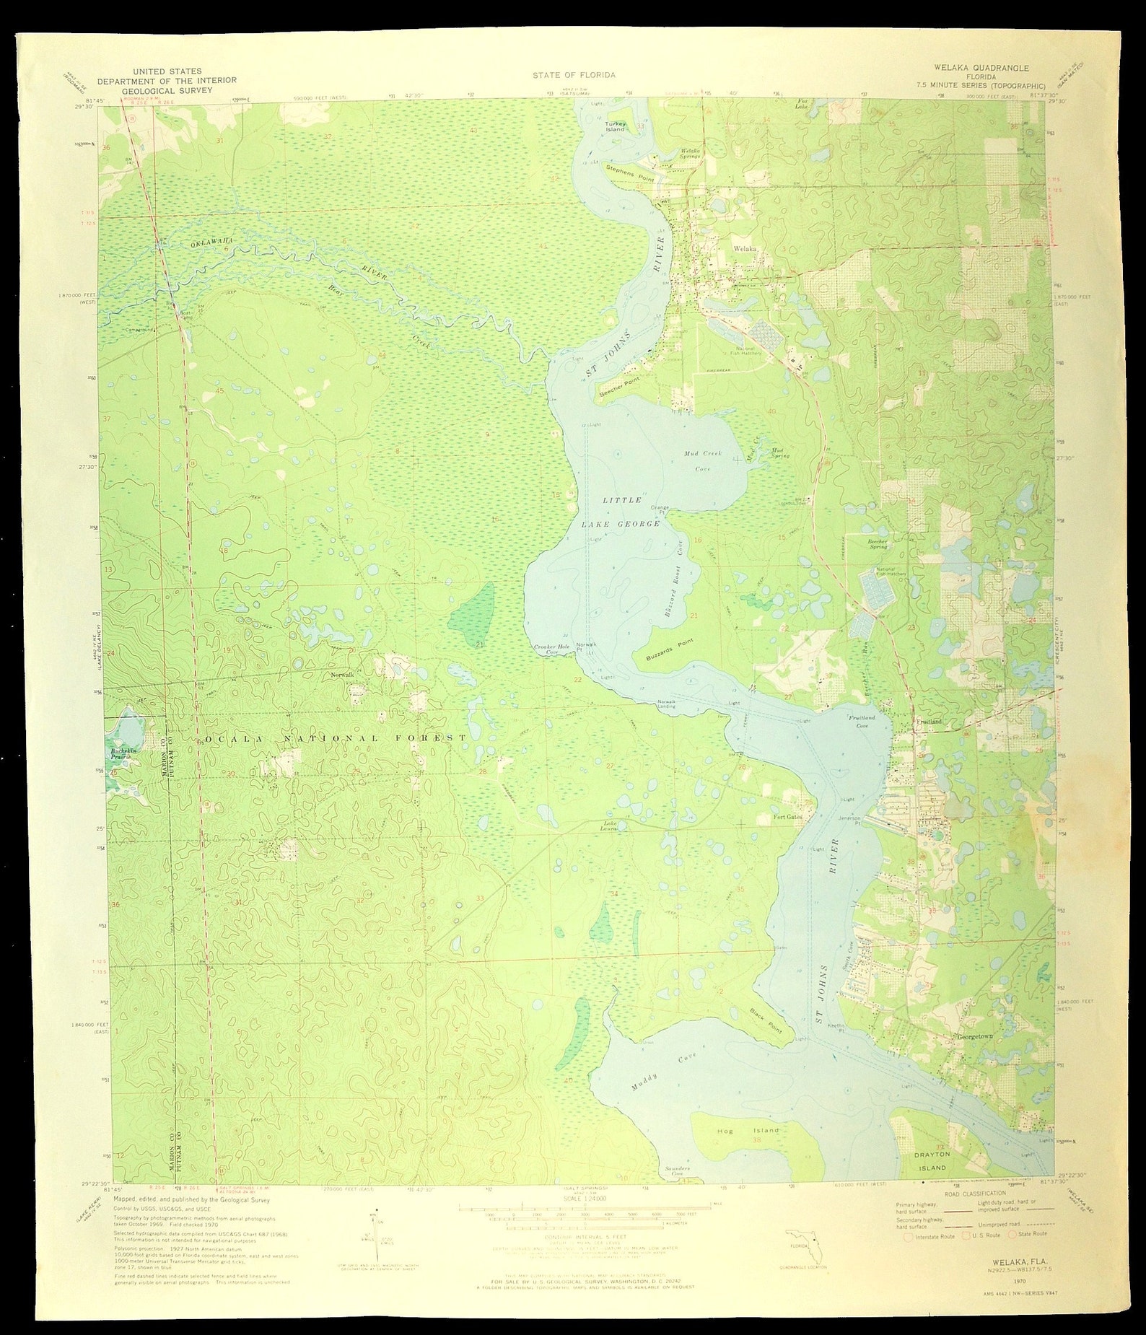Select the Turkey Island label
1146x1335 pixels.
point(615,126)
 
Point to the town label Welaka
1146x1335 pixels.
point(745,248)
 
